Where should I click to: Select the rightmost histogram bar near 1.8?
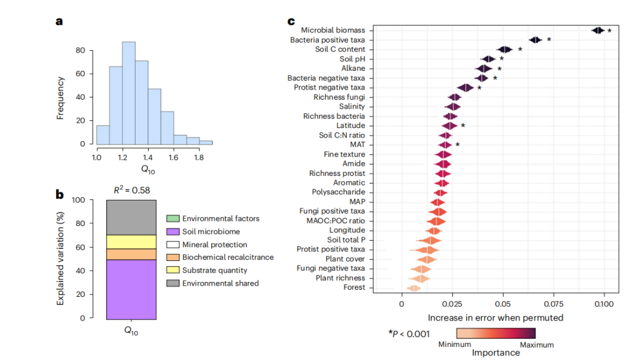tap(206, 142)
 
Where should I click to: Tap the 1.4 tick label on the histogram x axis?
tap(148, 158)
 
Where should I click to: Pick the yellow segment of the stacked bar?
tap(131, 242)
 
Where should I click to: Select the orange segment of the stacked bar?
tap(131, 254)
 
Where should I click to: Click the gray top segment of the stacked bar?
tap(131, 217)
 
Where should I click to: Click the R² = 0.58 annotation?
tap(131, 190)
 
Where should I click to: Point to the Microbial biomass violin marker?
tap(597, 30)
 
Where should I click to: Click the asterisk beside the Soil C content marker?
tap(520, 49)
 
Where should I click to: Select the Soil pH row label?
tap(352, 59)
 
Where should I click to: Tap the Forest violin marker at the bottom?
tap(413, 288)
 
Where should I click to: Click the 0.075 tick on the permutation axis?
tap(554, 304)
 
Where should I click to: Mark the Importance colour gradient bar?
tap(495, 333)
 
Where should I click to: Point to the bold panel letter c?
tap(291, 22)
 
